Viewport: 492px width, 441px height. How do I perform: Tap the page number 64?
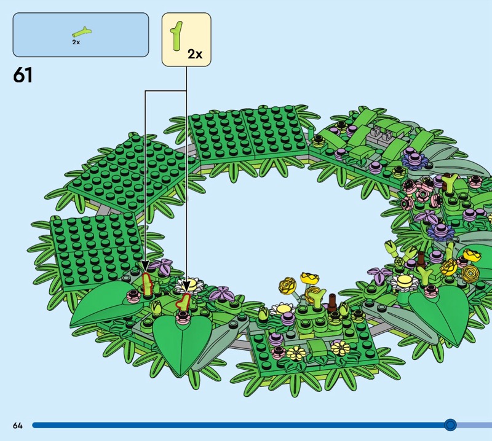click(x=17, y=425)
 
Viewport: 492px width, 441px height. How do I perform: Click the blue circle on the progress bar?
click(x=450, y=425)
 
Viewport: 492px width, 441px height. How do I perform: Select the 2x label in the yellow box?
click(x=194, y=54)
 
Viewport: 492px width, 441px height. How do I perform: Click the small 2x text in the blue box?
click(x=76, y=42)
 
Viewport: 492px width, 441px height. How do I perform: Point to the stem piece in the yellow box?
click(x=177, y=36)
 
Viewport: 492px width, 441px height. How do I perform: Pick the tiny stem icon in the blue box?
click(x=81, y=31)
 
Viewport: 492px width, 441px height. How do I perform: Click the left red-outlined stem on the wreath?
click(x=147, y=284)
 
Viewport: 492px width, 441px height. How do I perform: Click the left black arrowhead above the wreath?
click(x=145, y=267)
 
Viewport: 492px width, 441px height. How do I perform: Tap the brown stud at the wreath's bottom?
click(x=332, y=301)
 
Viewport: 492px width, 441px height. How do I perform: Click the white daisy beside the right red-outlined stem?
click(x=190, y=285)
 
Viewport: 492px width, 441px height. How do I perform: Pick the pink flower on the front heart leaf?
click(x=183, y=317)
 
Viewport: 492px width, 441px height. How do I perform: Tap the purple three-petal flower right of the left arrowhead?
click(x=164, y=267)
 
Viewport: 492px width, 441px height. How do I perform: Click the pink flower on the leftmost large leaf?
click(x=132, y=297)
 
